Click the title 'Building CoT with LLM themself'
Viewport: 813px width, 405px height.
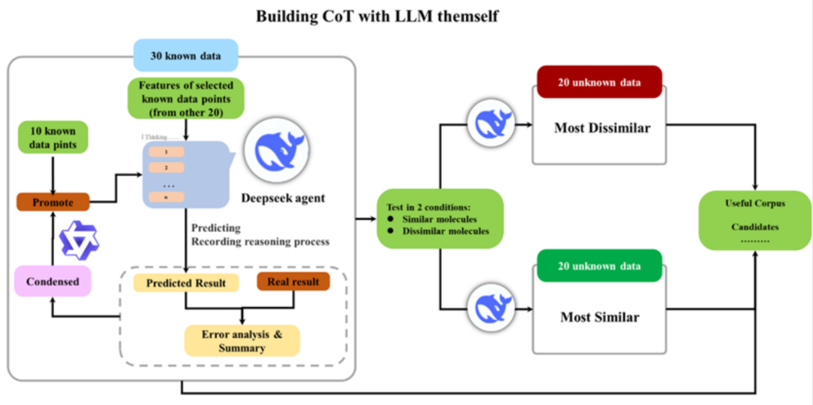tap(376, 16)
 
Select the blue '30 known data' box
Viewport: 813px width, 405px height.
tap(185, 56)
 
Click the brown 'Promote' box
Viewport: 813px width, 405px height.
tap(53, 202)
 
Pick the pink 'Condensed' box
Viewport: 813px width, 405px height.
tap(52, 281)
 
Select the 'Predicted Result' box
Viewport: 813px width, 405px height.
tap(186, 282)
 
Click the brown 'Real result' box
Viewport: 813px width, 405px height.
tap(293, 282)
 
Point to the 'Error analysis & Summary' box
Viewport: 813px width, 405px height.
tap(242, 340)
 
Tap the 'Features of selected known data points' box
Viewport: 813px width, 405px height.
tap(185, 98)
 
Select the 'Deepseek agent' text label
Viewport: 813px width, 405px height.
tap(283, 198)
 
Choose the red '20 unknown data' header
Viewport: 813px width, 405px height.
tap(599, 82)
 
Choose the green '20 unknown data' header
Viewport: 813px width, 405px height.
tap(599, 266)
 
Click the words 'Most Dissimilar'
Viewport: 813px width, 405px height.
tap(601, 128)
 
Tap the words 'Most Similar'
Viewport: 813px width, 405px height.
tap(599, 317)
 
